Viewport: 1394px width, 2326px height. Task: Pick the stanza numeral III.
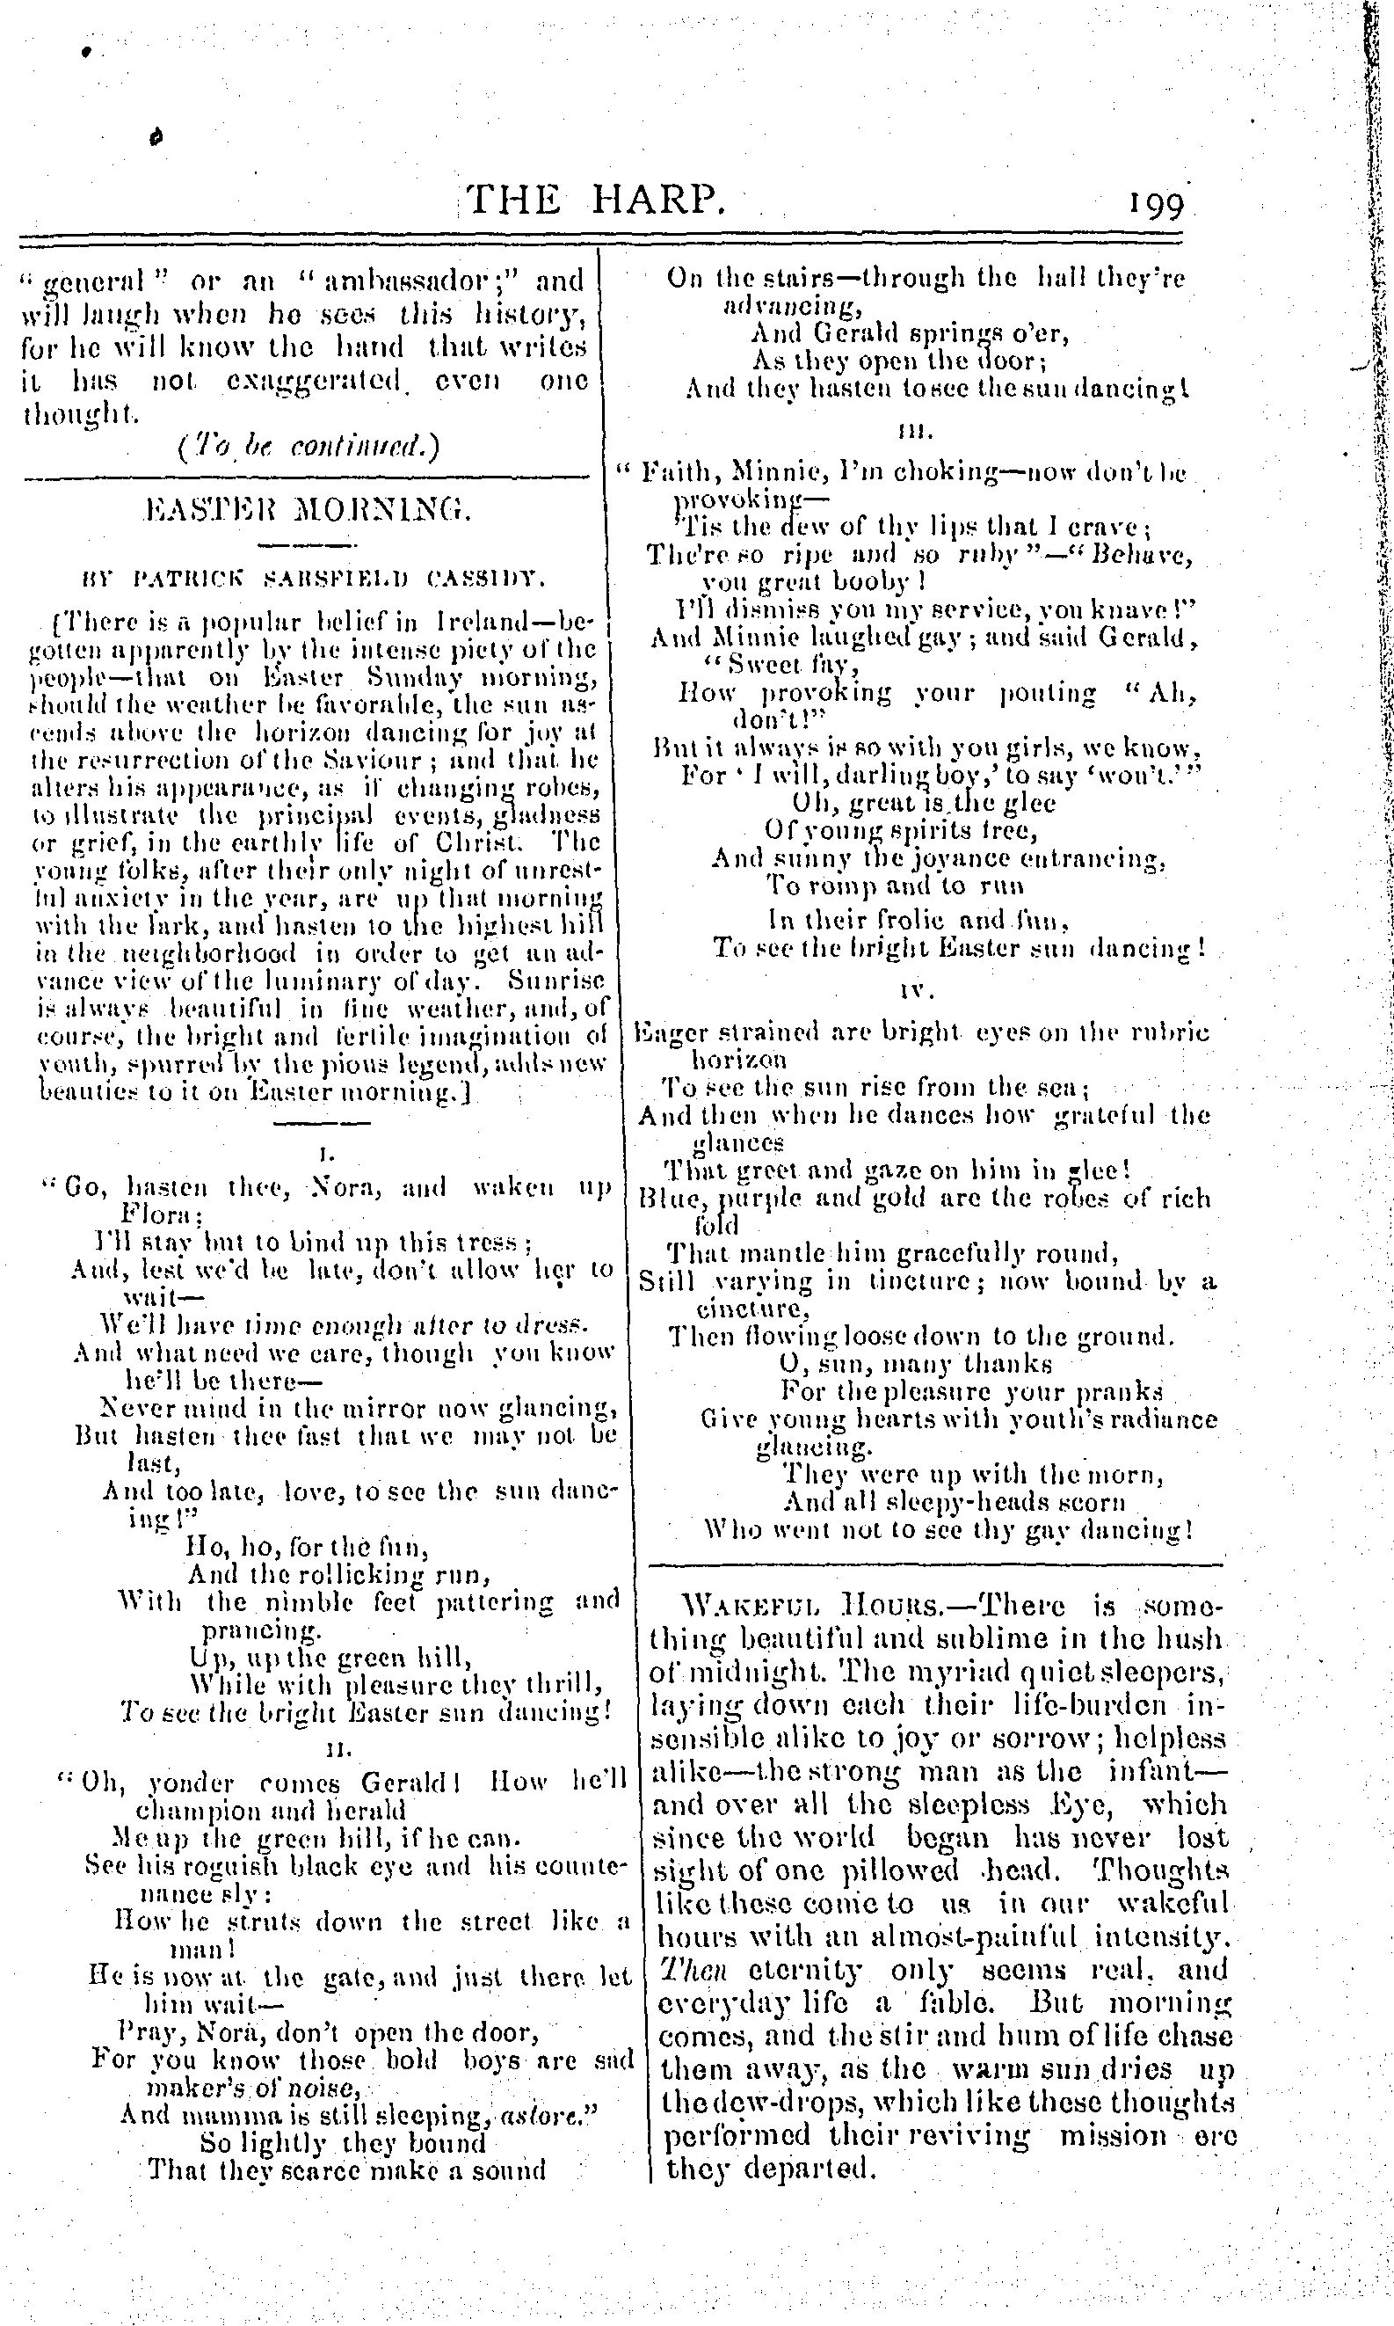coord(915,432)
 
